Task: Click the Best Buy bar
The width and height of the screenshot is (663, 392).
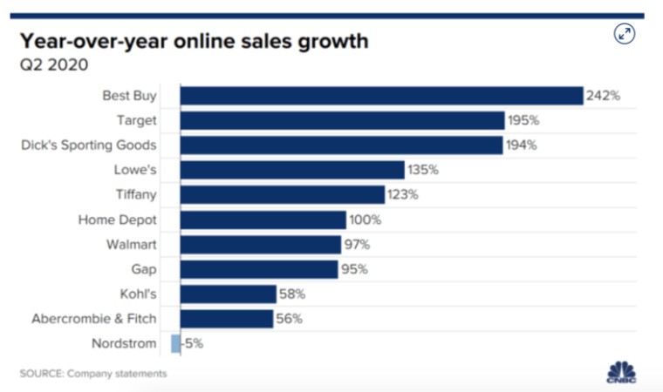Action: pyautogui.click(x=381, y=96)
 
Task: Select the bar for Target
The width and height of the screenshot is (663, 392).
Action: pyautogui.click(x=342, y=120)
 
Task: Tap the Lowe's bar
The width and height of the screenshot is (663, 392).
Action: pyautogui.click(x=292, y=170)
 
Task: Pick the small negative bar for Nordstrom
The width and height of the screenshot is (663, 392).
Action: pyautogui.click(x=176, y=343)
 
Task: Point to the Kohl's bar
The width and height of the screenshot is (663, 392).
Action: pyautogui.click(x=228, y=294)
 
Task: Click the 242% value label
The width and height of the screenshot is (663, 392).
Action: pyautogui.click(x=603, y=96)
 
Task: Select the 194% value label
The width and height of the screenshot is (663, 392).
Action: pyautogui.click(x=521, y=145)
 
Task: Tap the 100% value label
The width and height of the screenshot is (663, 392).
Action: pyautogui.click(x=365, y=220)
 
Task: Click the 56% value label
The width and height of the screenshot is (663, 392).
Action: pyautogui.click(x=290, y=319)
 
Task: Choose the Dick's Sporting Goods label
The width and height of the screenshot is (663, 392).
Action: pyautogui.click(x=89, y=145)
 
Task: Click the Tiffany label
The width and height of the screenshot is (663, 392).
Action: pyautogui.click(x=135, y=194)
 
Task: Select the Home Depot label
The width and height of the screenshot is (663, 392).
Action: pyautogui.click(x=118, y=220)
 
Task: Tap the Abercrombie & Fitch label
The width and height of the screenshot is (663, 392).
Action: pyautogui.click(x=94, y=319)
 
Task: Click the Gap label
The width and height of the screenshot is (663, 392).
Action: pyautogui.click(x=143, y=269)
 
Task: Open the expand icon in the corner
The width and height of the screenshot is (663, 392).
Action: pyautogui.click(x=625, y=34)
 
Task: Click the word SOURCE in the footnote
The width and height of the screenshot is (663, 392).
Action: pyautogui.click(x=39, y=374)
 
